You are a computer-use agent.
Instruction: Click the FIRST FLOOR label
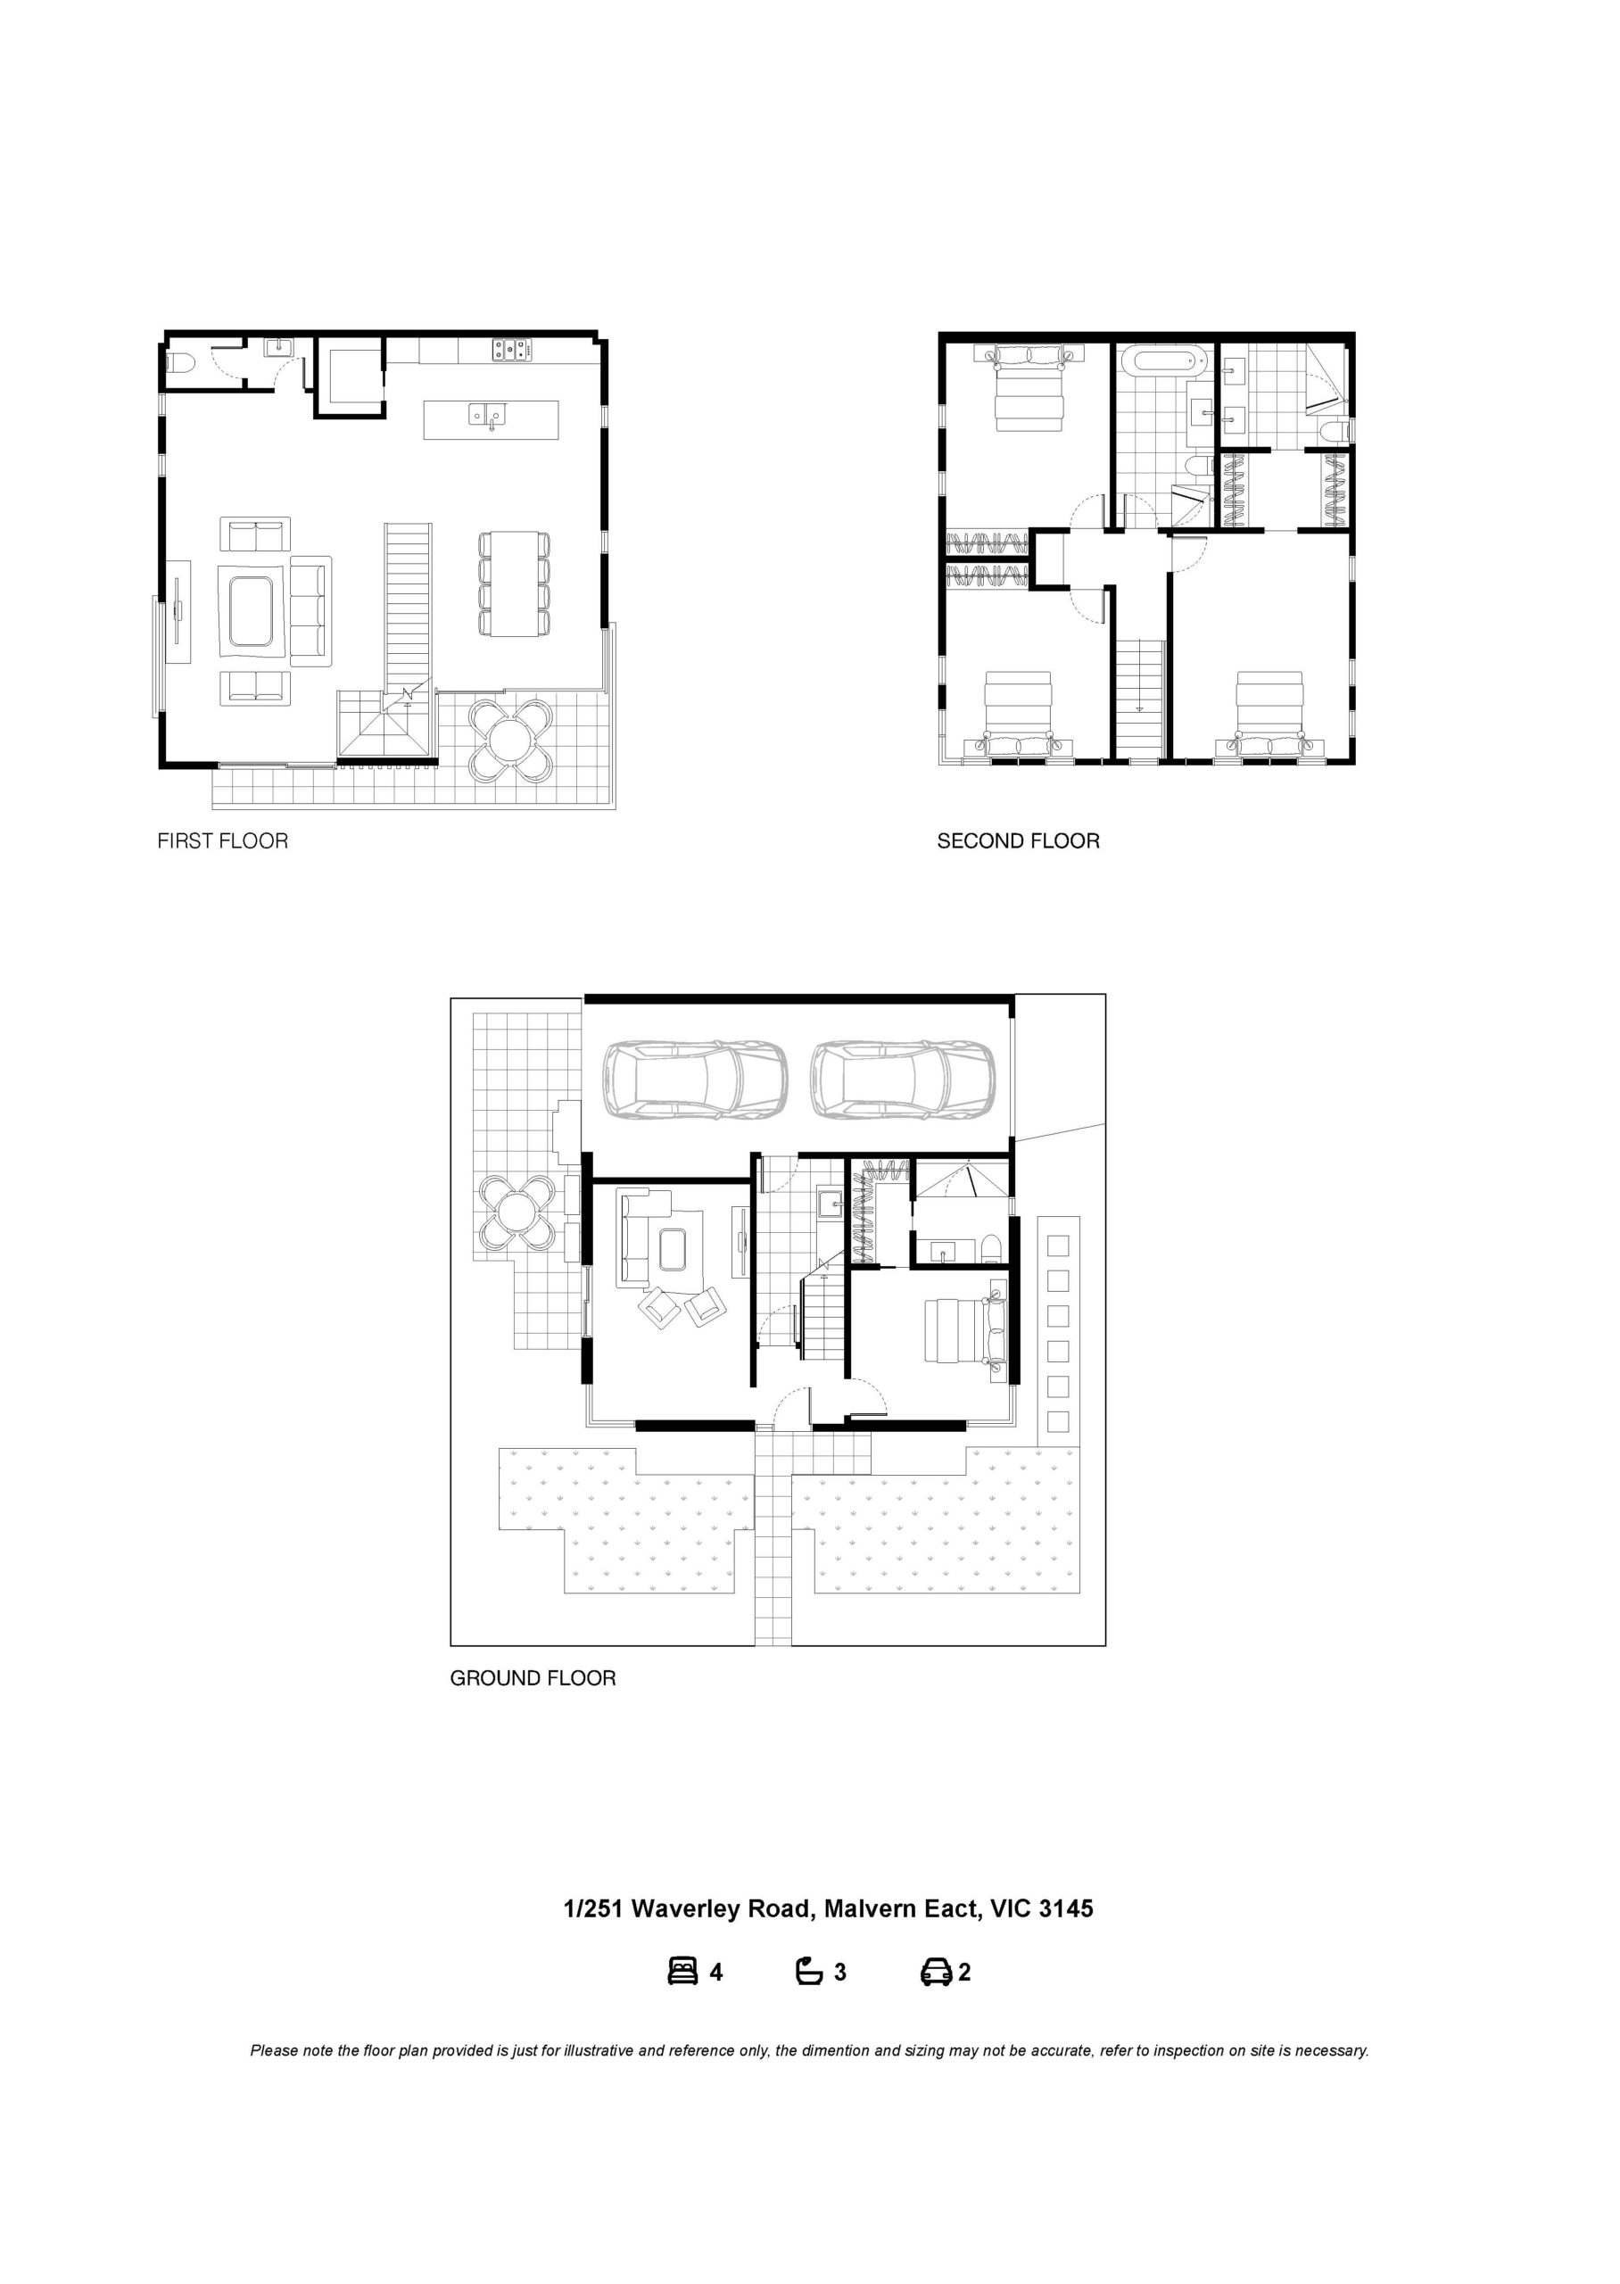(222, 840)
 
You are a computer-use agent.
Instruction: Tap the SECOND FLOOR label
(1019, 840)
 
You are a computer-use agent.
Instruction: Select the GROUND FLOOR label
(533, 1677)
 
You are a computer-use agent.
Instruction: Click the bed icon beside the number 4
(682, 1972)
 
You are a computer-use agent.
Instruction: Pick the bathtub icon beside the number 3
(809, 1972)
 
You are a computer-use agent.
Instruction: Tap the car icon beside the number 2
(936, 1972)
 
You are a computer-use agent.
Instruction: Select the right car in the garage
(903, 1080)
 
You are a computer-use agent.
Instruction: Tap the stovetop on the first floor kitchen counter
(511, 349)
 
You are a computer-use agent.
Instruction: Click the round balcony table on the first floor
(511, 739)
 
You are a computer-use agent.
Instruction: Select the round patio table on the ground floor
(516, 1212)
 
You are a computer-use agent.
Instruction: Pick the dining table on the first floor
(515, 583)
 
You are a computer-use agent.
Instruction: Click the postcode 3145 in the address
(1066, 1909)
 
